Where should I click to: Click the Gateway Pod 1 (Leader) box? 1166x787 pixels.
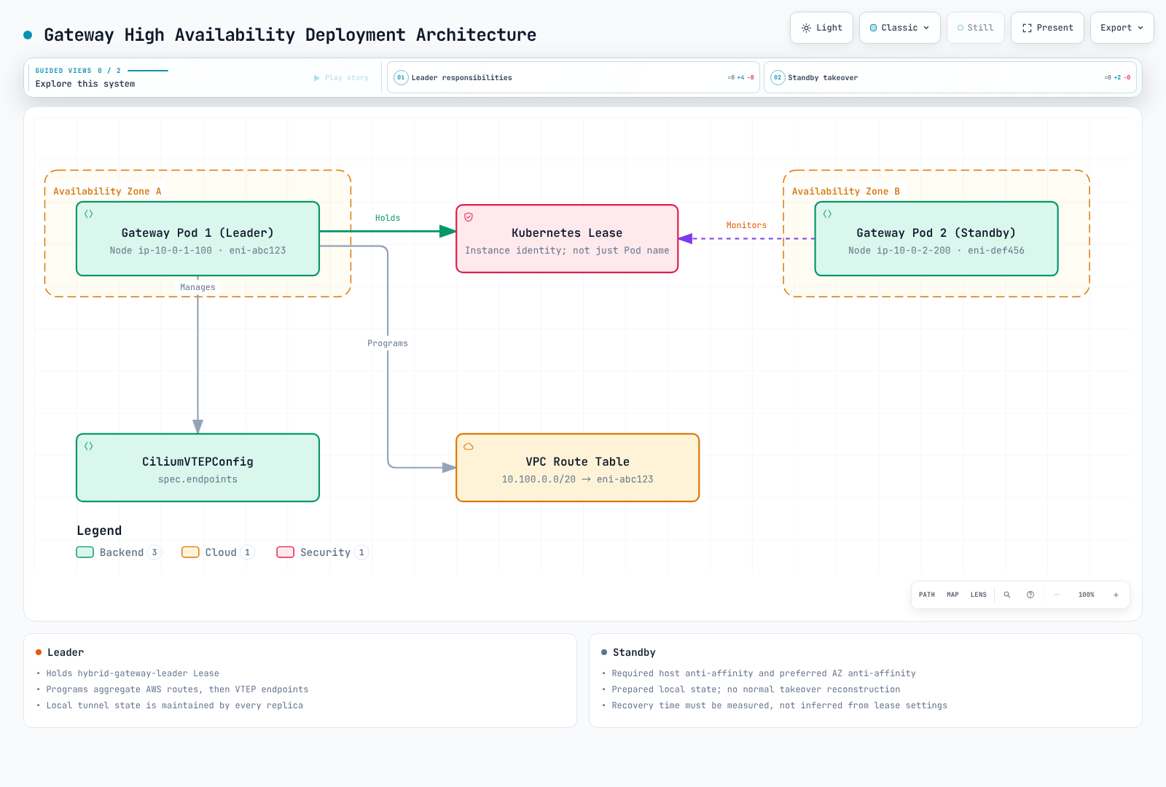click(197, 238)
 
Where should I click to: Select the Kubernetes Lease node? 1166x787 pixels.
click(567, 238)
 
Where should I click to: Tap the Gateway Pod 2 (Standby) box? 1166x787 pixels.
click(936, 238)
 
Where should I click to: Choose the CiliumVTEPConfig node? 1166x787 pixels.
click(197, 467)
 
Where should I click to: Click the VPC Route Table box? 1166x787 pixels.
click(577, 467)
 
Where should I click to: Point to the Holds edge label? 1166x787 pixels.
click(388, 218)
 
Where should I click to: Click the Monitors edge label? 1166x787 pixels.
click(746, 225)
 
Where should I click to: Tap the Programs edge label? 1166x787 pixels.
click(387, 343)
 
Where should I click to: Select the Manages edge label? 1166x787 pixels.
click(197, 287)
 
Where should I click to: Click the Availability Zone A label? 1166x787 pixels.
click(107, 191)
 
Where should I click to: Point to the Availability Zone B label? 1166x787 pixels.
click(846, 191)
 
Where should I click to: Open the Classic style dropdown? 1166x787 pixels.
click(899, 28)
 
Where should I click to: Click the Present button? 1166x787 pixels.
click(1047, 28)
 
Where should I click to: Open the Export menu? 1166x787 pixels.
click(1122, 28)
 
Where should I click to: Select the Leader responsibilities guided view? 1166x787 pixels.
click(573, 77)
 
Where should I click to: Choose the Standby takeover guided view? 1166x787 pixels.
click(950, 77)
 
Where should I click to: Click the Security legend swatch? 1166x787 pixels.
click(285, 552)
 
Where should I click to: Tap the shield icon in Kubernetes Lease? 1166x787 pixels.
click(469, 217)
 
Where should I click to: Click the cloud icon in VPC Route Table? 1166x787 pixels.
click(469, 446)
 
